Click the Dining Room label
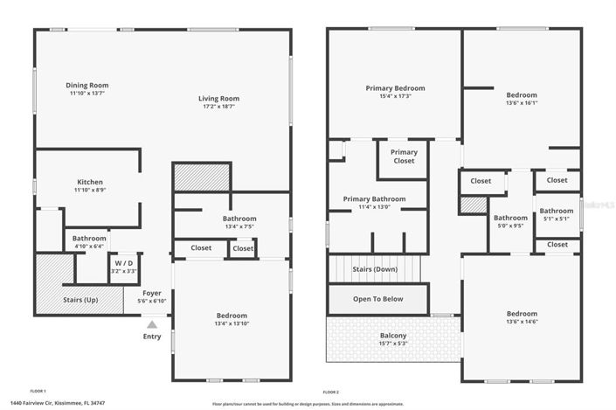(x=93, y=86)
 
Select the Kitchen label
(x=89, y=182)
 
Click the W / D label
(x=122, y=263)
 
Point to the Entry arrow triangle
(x=152, y=323)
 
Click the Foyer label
(x=153, y=293)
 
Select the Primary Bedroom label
(x=395, y=88)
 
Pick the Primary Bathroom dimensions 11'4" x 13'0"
(x=374, y=207)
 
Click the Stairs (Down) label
(x=374, y=269)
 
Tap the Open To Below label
(x=377, y=299)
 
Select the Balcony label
(x=392, y=335)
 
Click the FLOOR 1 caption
(x=38, y=391)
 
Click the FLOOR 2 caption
(x=330, y=391)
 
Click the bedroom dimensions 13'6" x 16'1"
(x=522, y=102)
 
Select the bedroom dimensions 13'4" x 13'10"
(x=232, y=324)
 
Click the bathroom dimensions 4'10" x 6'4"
(x=89, y=247)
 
